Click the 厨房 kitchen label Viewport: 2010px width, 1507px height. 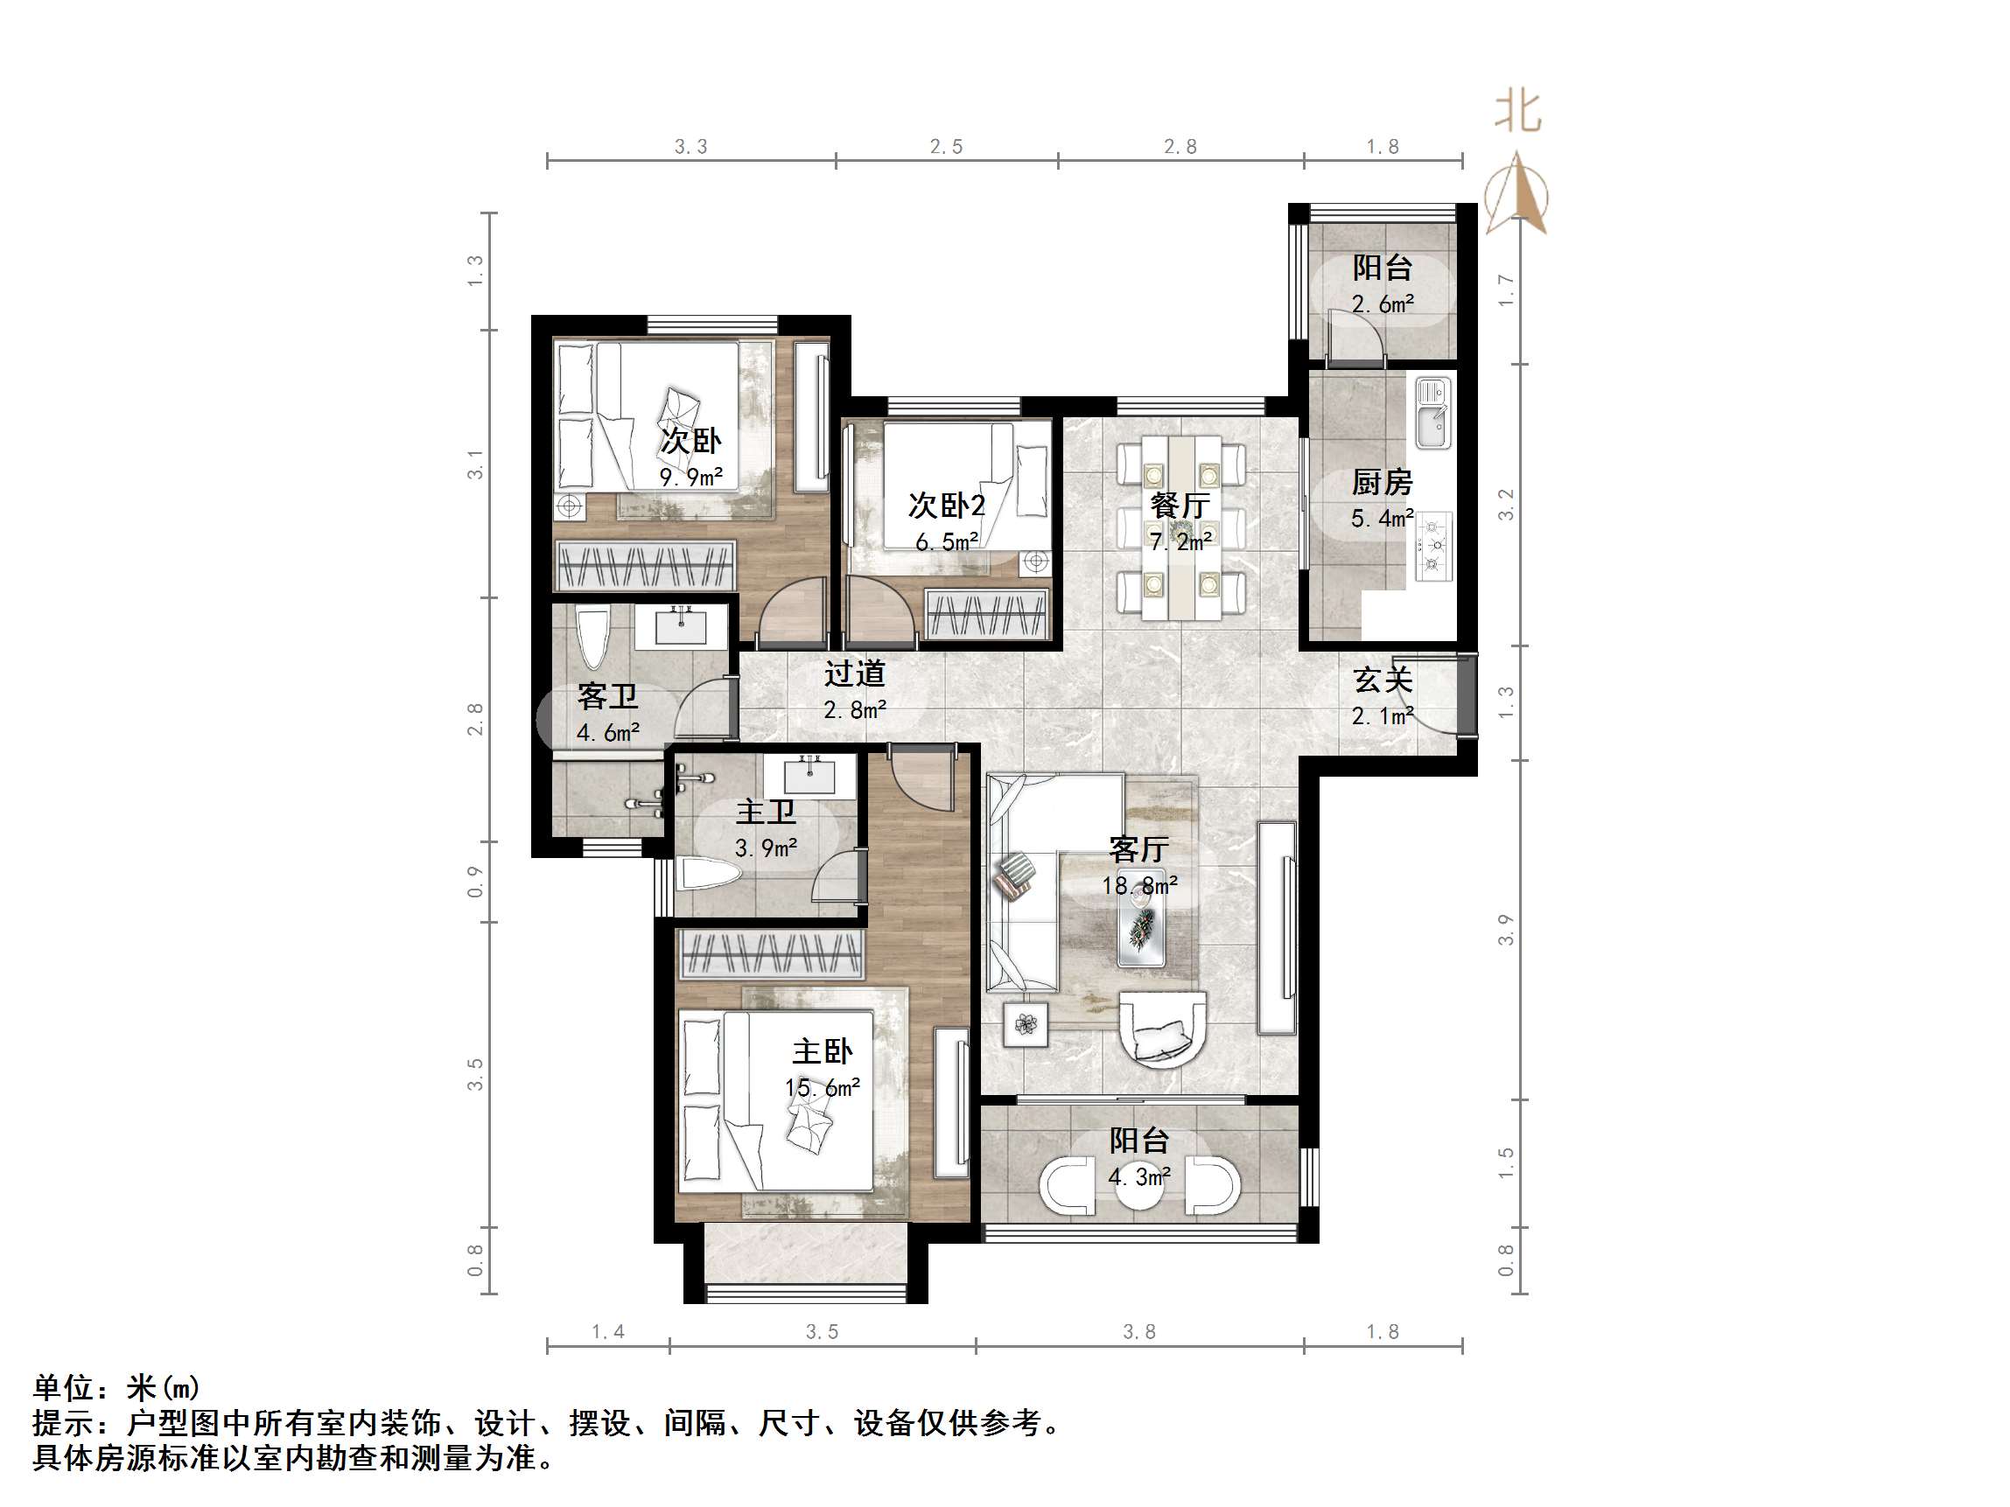[1381, 482]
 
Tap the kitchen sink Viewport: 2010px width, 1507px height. [1433, 414]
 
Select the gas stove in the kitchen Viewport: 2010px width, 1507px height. [1434, 546]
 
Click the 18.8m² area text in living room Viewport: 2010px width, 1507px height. [1139, 885]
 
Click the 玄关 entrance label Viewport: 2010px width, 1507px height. [1382, 680]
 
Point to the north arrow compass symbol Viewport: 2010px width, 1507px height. [1516, 195]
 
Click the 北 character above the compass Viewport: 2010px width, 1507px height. [1517, 113]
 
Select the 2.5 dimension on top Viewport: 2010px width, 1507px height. [946, 146]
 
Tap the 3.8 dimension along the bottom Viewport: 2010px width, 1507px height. [1138, 1332]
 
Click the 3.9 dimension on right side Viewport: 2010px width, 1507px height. [1506, 929]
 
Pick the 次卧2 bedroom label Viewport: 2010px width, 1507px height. [946, 505]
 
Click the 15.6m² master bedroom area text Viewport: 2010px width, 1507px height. [823, 1087]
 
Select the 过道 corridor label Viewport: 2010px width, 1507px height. [854, 673]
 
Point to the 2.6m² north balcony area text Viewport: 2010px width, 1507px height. [1382, 304]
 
